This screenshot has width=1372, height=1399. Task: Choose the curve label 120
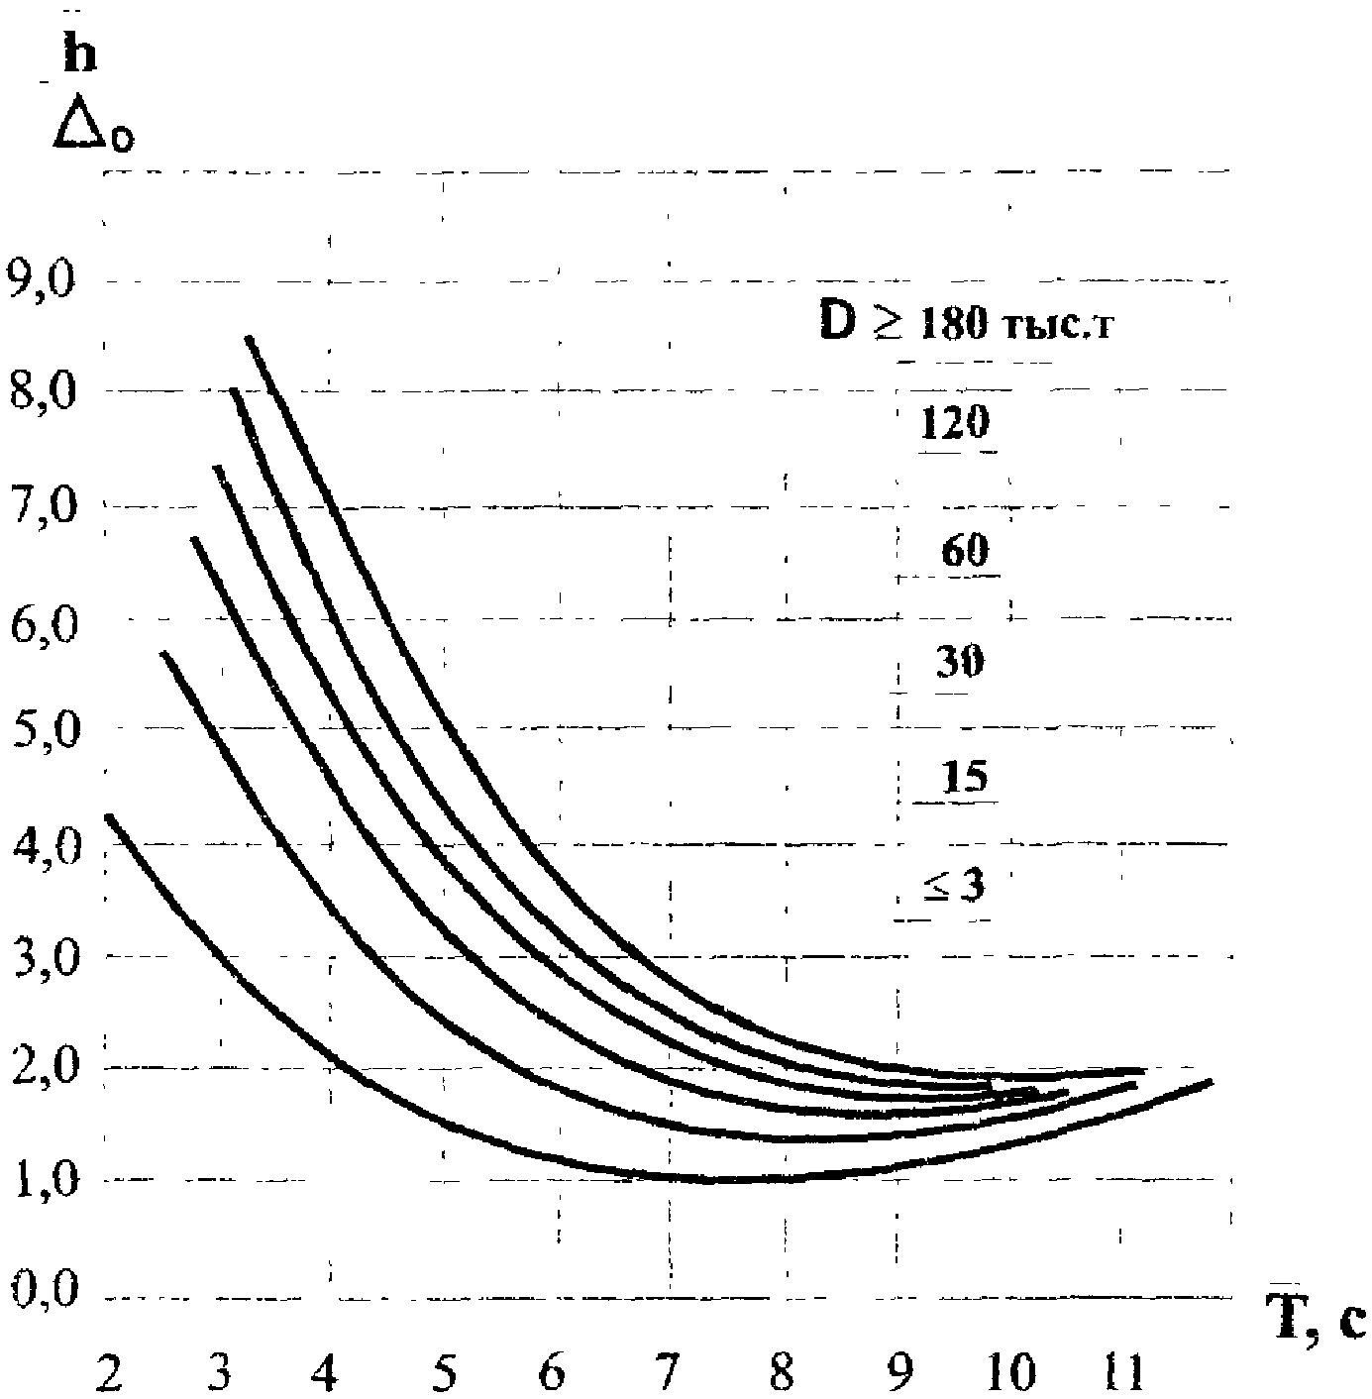click(955, 421)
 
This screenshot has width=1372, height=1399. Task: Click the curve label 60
click(965, 549)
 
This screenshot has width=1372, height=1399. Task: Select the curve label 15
click(965, 776)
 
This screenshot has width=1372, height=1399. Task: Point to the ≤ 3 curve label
click(954, 885)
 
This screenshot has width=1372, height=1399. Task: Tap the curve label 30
click(960, 662)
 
